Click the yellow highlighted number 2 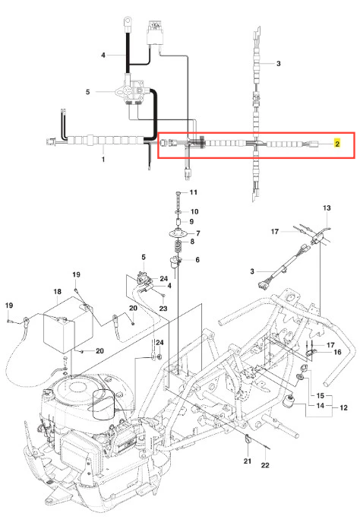click(x=337, y=144)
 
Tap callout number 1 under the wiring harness click(x=103, y=160)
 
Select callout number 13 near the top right click(x=327, y=207)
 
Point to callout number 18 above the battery click(x=57, y=292)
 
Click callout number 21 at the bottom click(x=248, y=461)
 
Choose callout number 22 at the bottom click(x=265, y=465)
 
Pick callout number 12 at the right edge click(x=343, y=408)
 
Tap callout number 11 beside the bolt click(x=193, y=192)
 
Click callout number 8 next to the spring click(x=192, y=242)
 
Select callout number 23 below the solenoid click(x=163, y=309)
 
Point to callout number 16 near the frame click(x=337, y=352)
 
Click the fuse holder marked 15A click(x=154, y=33)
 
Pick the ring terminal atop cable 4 click(x=128, y=22)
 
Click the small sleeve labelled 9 click(x=178, y=223)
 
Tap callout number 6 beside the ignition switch click(x=197, y=260)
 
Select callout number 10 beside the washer click(x=194, y=211)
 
